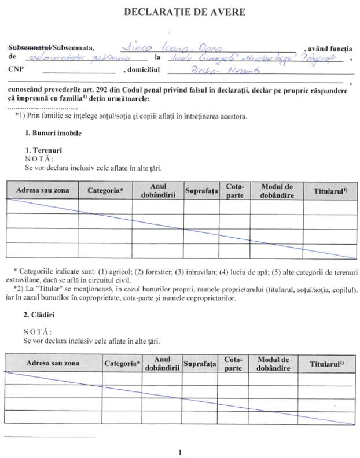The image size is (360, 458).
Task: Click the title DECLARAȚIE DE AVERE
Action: (180, 12)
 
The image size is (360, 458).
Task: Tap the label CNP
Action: (17, 70)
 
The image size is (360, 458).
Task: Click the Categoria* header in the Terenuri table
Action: (105, 191)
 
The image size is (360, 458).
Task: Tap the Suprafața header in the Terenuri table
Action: (201, 191)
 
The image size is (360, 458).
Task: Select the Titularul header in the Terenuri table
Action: (330, 191)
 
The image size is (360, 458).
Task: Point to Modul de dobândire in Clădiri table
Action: (276, 363)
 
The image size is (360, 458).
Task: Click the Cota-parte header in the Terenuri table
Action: (234, 191)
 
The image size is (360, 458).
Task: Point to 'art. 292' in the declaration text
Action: (107, 91)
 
